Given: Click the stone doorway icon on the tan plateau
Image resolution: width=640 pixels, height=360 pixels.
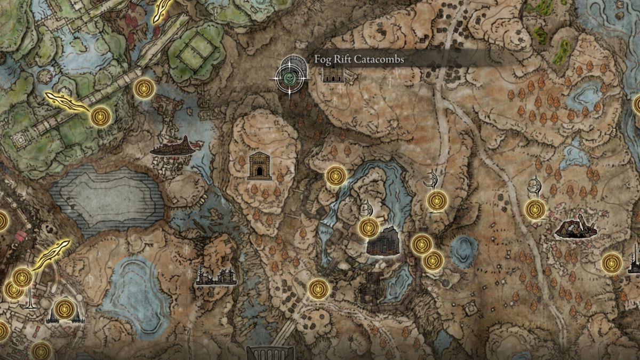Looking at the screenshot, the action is coord(260,165).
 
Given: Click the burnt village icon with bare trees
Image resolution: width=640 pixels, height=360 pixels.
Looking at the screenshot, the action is coord(216,275).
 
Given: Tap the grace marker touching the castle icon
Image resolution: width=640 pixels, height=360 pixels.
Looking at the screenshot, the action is coord(369,228).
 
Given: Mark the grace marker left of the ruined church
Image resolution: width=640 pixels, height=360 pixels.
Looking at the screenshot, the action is coord(612,263).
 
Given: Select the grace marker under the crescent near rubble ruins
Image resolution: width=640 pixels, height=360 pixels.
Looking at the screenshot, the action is coord(535,210).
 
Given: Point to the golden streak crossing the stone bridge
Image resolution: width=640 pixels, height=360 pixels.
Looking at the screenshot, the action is coord(67,100).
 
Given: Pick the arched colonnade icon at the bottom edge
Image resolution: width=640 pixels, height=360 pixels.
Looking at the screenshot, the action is coord(270,353).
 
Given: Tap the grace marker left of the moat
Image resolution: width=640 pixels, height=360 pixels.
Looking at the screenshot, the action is coord(336,176).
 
